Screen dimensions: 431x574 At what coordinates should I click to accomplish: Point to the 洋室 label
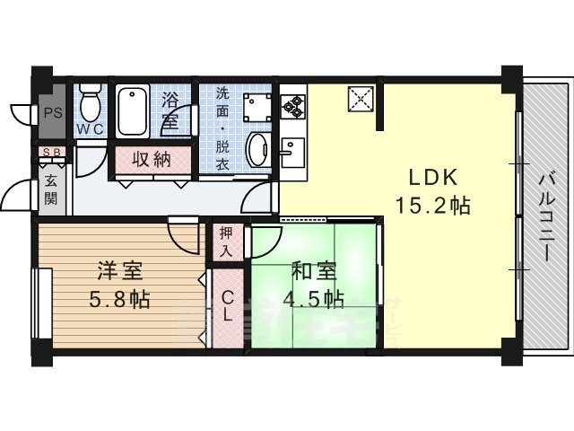[x=118, y=269]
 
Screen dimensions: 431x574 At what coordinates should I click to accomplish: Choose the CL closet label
[x=227, y=306]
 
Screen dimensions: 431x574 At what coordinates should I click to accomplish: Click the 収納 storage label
[x=152, y=161]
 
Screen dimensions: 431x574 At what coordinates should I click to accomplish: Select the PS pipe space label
[x=51, y=114]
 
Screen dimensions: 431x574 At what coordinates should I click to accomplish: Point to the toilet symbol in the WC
[x=90, y=102]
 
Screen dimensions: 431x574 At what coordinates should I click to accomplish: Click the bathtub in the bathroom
[x=134, y=110]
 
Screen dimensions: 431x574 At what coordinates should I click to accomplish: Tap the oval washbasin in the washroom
[x=258, y=149]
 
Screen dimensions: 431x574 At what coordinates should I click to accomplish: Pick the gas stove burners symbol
[x=292, y=107]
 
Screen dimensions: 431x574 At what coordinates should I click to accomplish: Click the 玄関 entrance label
[x=50, y=189]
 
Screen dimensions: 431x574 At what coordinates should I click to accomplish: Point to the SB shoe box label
[x=50, y=153]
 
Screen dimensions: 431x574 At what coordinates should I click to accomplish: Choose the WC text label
[x=90, y=129]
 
